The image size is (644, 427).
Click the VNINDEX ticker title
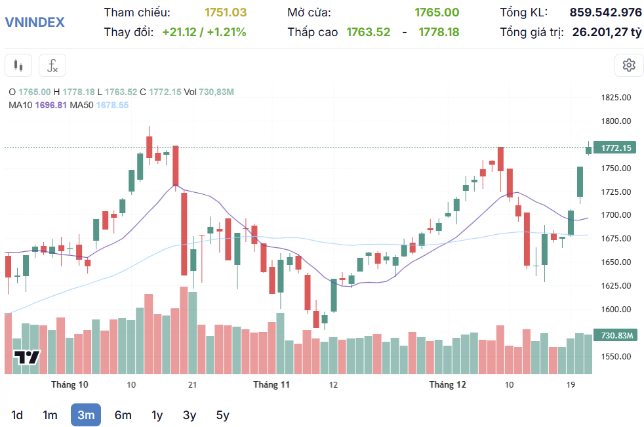point(35,22)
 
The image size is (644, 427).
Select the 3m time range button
point(86,415)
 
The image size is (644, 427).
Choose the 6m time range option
point(123,415)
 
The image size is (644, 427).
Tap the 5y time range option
point(223,415)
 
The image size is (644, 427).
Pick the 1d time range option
point(17,415)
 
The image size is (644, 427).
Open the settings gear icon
point(629,65)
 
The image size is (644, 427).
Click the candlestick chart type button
point(18,66)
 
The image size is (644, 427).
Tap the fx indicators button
point(52,66)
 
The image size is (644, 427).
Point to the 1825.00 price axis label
point(616,98)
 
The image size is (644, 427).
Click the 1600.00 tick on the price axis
point(616,309)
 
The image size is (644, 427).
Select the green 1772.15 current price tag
point(616,148)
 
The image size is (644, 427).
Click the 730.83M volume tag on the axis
point(616,335)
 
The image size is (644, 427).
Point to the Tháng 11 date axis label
point(272,384)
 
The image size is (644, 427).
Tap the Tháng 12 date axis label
point(447,384)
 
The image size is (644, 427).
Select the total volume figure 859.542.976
point(605,12)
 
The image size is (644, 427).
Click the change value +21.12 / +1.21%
point(204,31)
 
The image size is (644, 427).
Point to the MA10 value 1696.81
point(51,105)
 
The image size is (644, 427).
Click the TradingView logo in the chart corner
point(28,357)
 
